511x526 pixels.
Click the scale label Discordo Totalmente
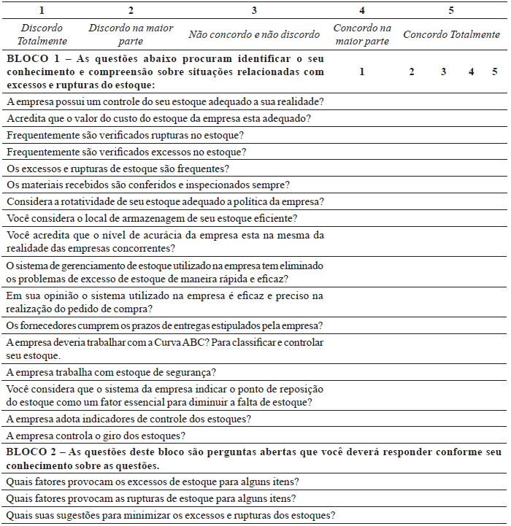(43, 34)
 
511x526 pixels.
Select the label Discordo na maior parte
(131, 34)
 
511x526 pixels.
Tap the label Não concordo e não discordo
(254, 34)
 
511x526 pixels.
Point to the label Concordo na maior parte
(361, 34)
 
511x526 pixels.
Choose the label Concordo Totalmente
(451, 34)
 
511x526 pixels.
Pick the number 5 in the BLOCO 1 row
(494, 71)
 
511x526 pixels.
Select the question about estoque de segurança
(110, 372)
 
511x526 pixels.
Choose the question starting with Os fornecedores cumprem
(165, 325)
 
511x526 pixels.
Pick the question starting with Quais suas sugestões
(170, 515)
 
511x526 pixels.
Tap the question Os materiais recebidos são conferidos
(148, 185)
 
